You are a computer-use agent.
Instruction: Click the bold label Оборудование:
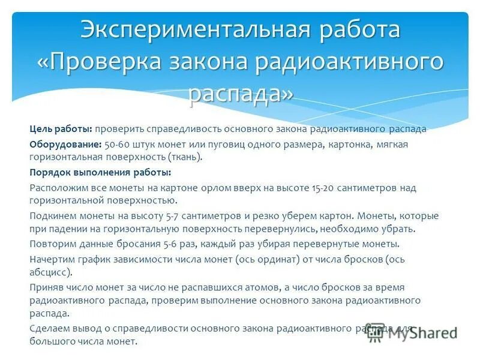pyautogui.click(x=65, y=145)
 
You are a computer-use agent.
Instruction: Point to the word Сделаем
pyautogui.click(x=49, y=329)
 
